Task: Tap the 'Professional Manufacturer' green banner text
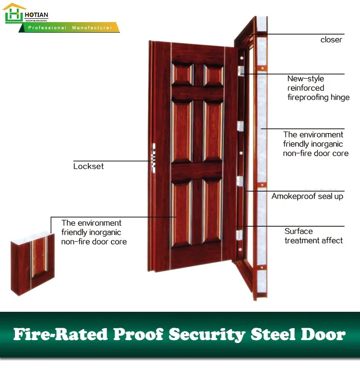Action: tap(70, 28)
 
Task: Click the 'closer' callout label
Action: tap(331, 40)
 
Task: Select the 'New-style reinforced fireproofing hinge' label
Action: tap(318, 88)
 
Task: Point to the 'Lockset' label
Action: tap(88, 166)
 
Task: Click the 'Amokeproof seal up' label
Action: tap(307, 196)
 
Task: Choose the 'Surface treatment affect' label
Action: tap(313, 235)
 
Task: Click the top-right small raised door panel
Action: tap(213, 75)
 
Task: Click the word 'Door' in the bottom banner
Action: tap(326, 334)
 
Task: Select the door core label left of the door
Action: tap(94, 232)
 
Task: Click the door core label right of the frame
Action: tap(315, 144)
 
